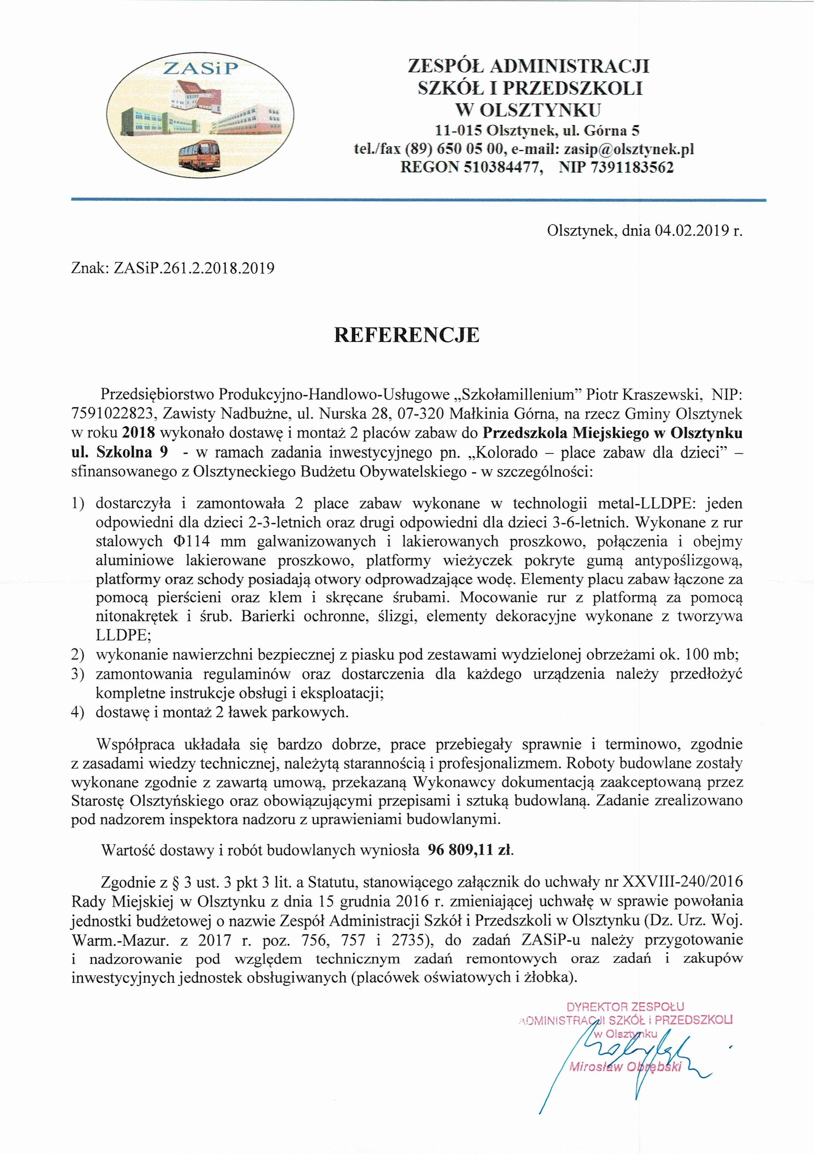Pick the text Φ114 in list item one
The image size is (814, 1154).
pos(194,541)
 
